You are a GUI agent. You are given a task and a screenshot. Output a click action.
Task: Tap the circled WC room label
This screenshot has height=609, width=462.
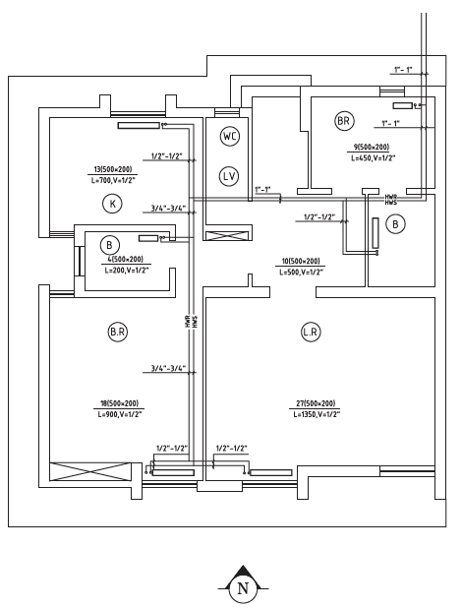230,137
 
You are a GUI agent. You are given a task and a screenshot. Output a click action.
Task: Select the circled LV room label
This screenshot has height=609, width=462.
229,176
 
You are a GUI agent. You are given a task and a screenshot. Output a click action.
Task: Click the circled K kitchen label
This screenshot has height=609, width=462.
112,204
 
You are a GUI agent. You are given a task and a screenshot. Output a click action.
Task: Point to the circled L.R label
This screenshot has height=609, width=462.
311,333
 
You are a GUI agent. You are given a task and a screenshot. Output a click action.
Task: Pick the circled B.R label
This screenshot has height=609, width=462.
117,333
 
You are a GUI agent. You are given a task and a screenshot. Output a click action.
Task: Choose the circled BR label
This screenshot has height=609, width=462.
344,121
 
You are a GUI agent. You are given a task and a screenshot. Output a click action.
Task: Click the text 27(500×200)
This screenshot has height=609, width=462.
316,403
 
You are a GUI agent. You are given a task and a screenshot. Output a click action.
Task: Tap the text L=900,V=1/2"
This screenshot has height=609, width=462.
120,414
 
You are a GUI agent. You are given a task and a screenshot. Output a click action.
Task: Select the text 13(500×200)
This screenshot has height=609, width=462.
113,169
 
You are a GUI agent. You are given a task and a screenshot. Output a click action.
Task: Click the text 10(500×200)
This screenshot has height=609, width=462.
301,261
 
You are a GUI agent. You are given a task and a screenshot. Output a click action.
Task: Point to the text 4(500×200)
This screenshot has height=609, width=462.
125,259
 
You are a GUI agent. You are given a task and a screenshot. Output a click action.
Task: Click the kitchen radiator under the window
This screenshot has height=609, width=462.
139,126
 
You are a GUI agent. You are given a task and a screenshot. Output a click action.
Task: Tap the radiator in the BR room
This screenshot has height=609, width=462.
403,105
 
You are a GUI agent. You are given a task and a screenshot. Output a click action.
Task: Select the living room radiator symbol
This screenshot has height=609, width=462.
270,472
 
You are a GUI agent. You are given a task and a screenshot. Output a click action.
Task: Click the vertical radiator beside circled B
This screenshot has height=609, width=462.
375,233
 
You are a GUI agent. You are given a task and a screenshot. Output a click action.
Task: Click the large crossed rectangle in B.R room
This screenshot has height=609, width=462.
90,471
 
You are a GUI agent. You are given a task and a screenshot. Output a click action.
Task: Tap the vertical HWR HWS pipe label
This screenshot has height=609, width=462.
192,321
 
